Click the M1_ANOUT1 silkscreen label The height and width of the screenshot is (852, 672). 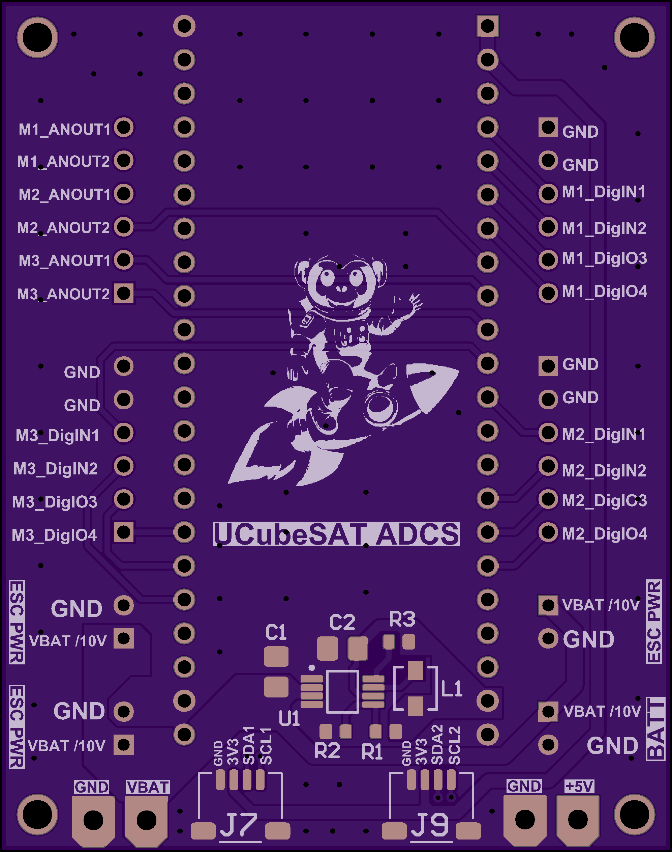click(65, 129)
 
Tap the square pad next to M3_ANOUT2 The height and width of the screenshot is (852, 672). click(124, 293)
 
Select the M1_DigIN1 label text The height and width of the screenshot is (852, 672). click(604, 192)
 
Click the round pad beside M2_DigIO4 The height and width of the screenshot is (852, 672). click(548, 532)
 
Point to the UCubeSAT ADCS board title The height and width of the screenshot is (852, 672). click(336, 534)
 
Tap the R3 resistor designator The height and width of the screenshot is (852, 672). click(402, 619)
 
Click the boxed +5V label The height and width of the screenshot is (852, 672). click(579, 787)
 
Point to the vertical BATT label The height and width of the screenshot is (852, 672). click(655, 729)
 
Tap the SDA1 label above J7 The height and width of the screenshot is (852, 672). click(249, 746)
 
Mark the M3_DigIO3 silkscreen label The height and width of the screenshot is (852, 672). click(55, 502)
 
